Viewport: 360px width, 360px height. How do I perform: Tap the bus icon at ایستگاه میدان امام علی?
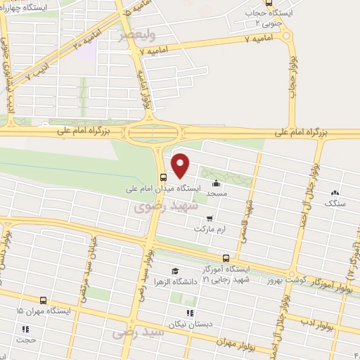click(x=163, y=176)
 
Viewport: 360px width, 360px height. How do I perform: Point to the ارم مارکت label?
click(x=214, y=229)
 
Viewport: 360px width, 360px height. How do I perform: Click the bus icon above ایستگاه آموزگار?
click(x=225, y=258)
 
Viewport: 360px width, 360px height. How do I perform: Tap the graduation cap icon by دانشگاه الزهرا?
click(x=174, y=271)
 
